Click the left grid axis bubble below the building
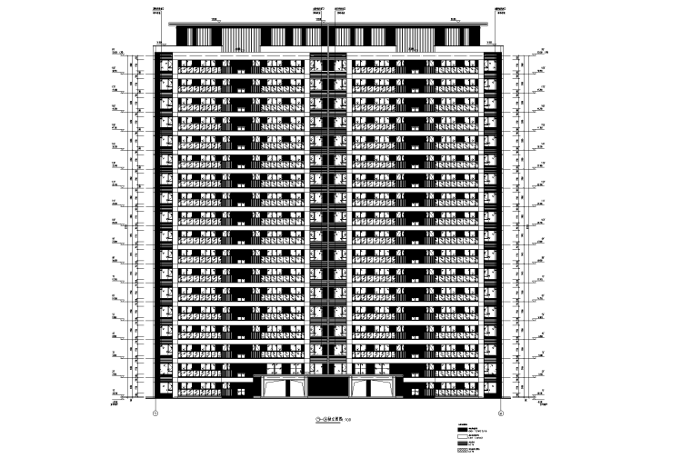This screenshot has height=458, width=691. click(x=155, y=412)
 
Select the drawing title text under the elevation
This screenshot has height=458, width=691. click(x=329, y=421)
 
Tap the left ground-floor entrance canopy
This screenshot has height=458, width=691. click(x=285, y=385)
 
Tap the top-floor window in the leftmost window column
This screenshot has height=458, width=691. click(x=165, y=65)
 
